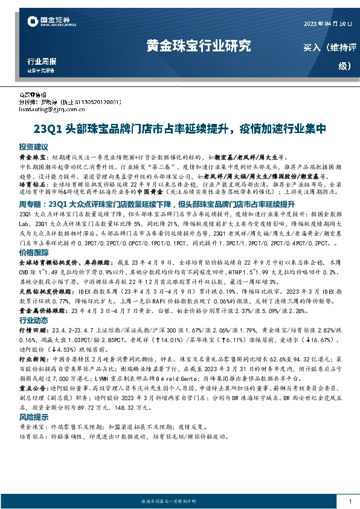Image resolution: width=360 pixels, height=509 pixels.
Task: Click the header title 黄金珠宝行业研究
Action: coord(199,46)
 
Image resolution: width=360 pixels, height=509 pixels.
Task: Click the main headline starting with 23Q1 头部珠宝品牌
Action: coord(179,129)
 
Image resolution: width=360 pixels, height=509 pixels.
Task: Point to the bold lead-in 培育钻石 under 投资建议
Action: coord(32,181)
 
